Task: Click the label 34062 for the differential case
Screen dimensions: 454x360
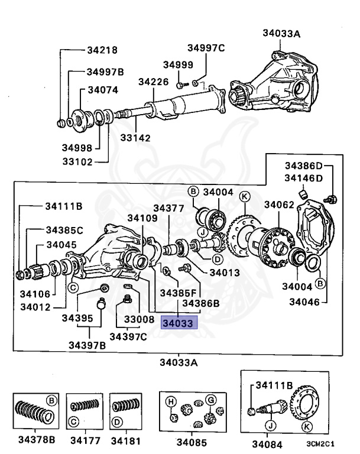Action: pos(278,205)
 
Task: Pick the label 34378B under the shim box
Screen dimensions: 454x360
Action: pos(36,440)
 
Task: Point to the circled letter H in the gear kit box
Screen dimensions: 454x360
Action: pos(170,402)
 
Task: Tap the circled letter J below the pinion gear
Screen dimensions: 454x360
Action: pos(270,424)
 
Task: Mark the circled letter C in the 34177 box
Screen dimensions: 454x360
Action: pos(73,422)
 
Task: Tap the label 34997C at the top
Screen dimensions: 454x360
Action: pos(206,48)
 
